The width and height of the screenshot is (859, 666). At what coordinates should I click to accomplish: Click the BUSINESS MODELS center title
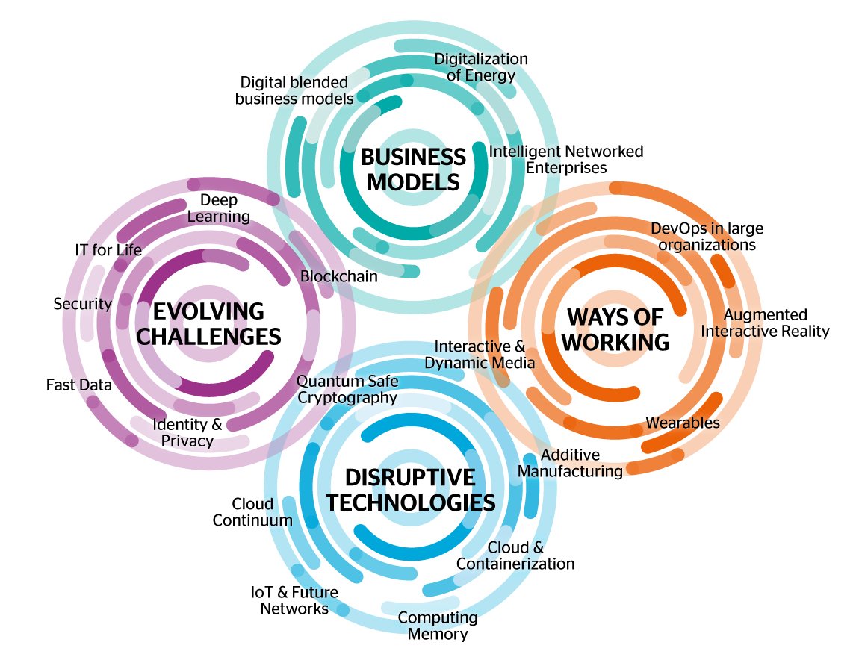coord(413,169)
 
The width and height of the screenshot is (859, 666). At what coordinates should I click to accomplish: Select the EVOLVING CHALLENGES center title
coord(210,323)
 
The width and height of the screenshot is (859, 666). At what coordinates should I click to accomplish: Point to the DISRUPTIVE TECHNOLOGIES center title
coord(411,490)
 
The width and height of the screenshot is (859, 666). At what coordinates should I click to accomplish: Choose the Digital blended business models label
coord(294,90)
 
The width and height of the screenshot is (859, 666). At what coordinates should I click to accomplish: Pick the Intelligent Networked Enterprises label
coord(565,160)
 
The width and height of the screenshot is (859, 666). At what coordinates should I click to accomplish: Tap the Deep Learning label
coord(219,208)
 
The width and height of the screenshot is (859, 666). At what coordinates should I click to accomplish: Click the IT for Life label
coord(108,249)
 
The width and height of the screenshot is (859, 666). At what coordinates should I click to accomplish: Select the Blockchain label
coord(338,276)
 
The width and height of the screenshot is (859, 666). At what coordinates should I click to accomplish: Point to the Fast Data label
coord(78,385)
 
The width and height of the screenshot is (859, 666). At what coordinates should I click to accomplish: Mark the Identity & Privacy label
coord(187,432)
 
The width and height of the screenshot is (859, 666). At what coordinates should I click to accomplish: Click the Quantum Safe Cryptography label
coord(347,389)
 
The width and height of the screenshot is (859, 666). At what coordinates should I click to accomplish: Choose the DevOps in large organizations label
coord(707,236)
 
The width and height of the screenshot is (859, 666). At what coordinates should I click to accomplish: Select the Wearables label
coord(683,423)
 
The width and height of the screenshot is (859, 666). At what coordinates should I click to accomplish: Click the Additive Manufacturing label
coord(570,463)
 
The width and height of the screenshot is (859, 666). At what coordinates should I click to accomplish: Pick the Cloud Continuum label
coord(252,512)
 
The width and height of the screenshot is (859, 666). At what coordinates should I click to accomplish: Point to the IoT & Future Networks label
coord(294,600)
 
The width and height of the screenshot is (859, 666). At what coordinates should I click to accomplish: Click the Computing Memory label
coord(437,626)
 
